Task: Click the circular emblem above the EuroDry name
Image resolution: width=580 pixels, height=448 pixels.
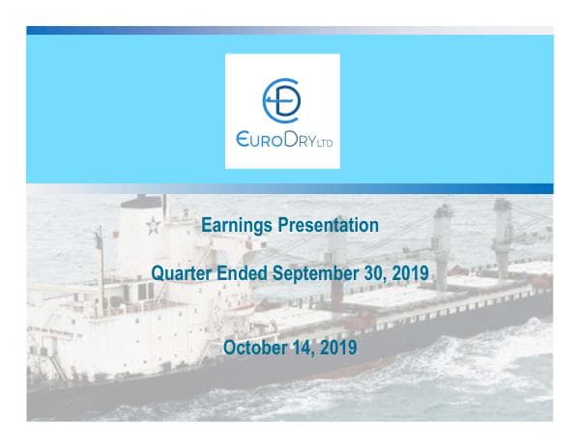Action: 282,98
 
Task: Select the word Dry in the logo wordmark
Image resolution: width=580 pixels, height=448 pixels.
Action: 304,140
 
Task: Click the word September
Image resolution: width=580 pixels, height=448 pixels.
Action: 314,274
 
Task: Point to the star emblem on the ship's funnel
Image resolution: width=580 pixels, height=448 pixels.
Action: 151,228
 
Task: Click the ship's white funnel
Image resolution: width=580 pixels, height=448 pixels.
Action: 143,232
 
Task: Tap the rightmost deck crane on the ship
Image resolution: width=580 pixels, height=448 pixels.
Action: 503,232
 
